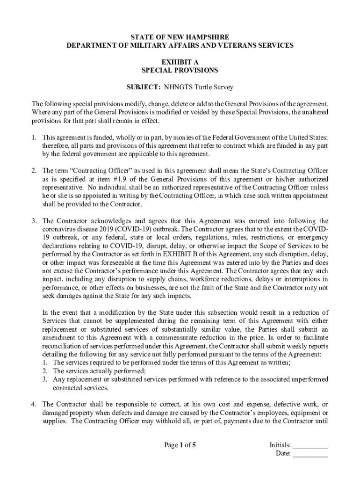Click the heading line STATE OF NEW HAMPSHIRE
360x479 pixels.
[180, 37]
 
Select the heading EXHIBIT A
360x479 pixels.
[180, 62]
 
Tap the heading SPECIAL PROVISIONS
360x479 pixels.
[180, 70]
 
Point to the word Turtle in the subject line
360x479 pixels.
[204, 87]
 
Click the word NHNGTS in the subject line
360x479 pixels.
[178, 87]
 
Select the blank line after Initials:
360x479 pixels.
[310, 445]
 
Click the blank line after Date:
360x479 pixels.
[310, 453]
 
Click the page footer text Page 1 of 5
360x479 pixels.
[180, 445]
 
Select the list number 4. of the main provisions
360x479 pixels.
[34, 404]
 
